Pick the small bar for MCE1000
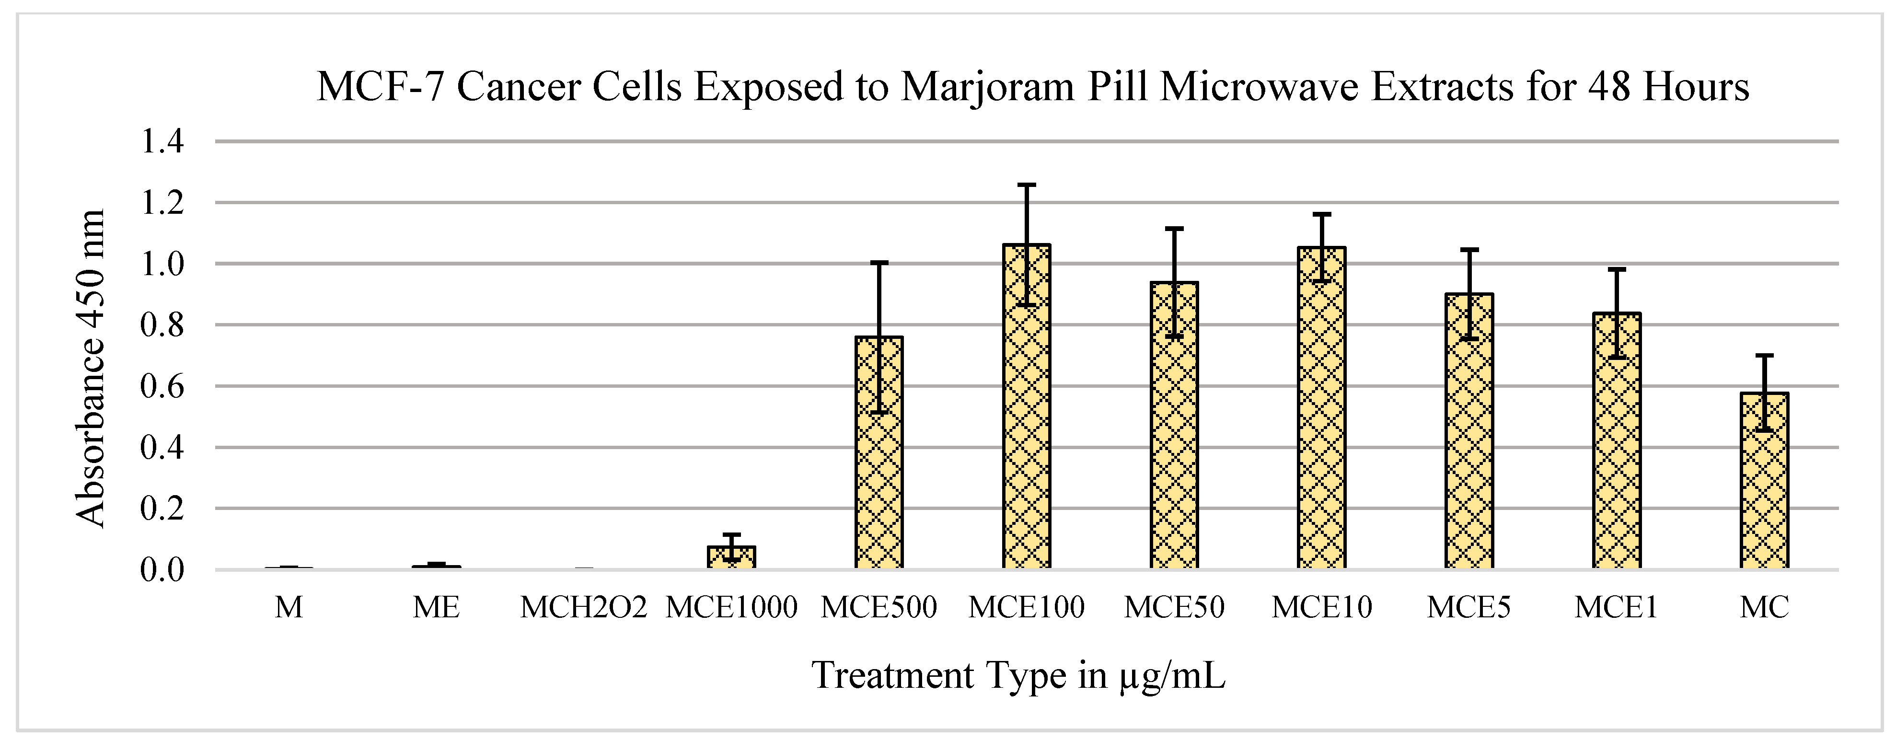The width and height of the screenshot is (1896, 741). pos(731,558)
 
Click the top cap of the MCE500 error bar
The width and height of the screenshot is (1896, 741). pos(879,262)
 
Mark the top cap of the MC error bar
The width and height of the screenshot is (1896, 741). pos(1764,356)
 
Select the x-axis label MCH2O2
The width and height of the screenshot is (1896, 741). pos(583,608)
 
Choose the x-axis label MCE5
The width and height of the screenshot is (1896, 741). pos(1468,608)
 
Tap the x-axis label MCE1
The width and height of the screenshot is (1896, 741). pos(1616,608)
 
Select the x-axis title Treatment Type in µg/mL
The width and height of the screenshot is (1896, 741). pos(1018,675)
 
